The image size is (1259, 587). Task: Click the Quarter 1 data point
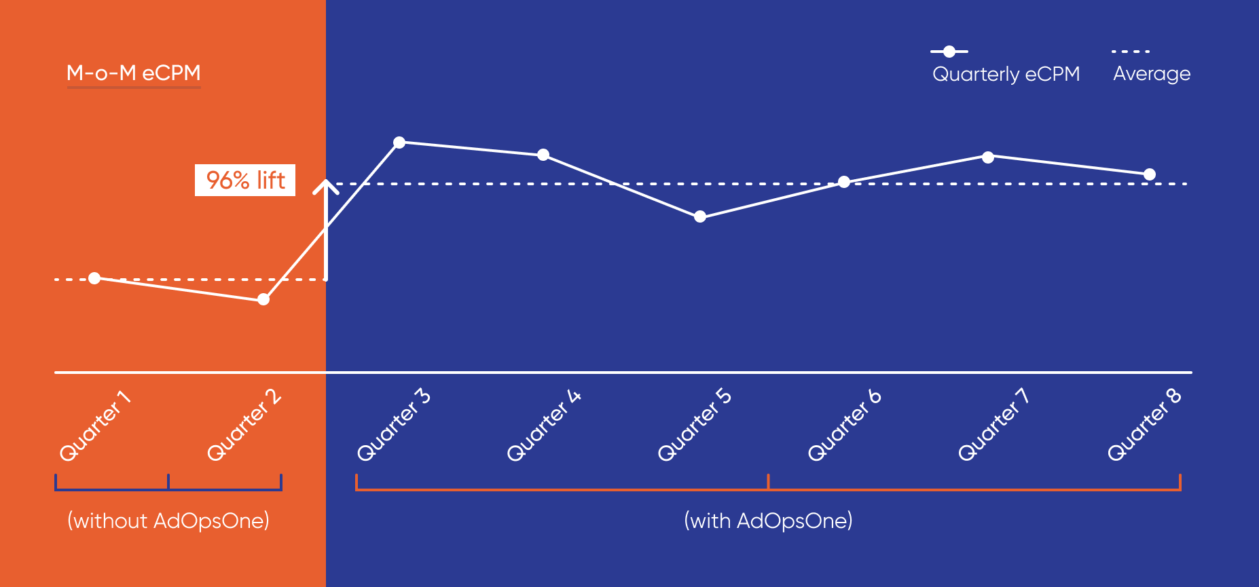pos(94,278)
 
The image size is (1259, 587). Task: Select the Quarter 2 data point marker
pos(263,299)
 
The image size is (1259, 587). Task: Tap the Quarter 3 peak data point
pos(399,143)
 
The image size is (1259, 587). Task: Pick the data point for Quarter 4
pos(543,155)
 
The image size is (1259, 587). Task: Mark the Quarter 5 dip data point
pos(700,216)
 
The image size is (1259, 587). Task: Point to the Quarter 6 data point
pos(844,182)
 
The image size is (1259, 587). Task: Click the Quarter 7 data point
pos(988,157)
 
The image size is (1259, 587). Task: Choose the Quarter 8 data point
pos(1150,174)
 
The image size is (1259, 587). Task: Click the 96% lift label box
pos(245,180)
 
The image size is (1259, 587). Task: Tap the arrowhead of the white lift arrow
pos(326,185)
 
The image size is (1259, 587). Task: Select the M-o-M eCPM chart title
pos(134,73)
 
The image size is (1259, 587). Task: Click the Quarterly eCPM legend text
pos(1006,74)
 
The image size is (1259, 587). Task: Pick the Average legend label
pos(1152,73)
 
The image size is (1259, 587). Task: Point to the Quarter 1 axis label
pos(95,425)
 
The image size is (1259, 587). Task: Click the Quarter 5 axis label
pos(694,425)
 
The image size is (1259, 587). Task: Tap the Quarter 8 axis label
pos(1144,425)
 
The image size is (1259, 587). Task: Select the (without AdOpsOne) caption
pos(168,520)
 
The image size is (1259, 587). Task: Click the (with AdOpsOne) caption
pos(768,520)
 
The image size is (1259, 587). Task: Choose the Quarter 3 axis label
pos(394,425)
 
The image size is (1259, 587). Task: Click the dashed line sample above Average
pos(1131,51)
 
